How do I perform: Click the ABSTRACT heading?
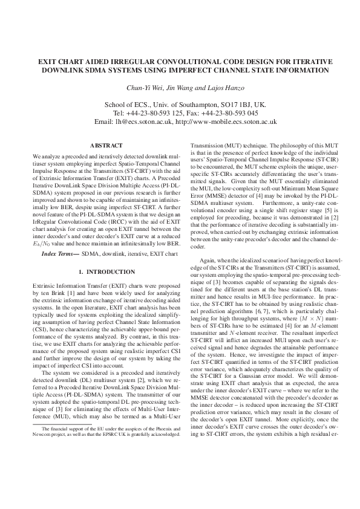click(x=106, y=146)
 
